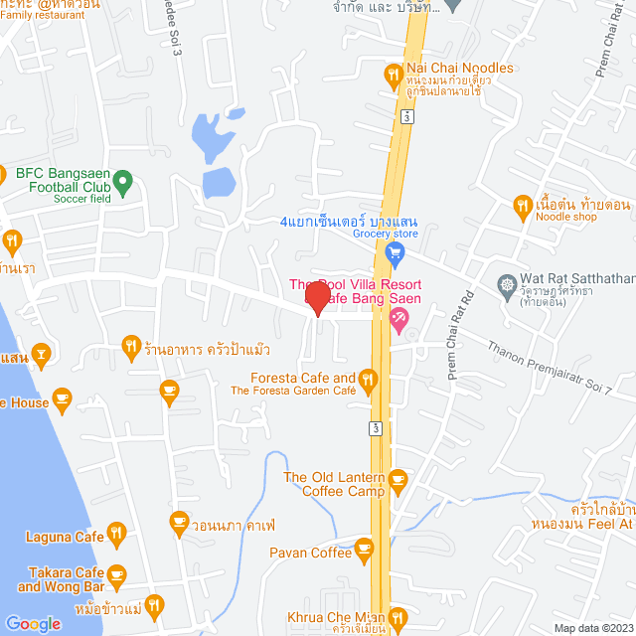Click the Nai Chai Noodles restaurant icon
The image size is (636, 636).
pos(394,75)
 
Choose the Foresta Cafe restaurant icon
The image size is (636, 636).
pos(368,379)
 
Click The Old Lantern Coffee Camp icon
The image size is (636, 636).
pos(397,482)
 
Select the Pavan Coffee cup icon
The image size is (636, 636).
pos(365,548)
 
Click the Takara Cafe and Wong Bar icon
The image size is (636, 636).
pos(117,574)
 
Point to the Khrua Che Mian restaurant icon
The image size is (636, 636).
pos(397,618)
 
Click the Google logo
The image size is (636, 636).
pos(33,623)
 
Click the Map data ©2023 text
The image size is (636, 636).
pos(592,627)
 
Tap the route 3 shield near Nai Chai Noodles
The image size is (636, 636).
pos(405,116)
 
